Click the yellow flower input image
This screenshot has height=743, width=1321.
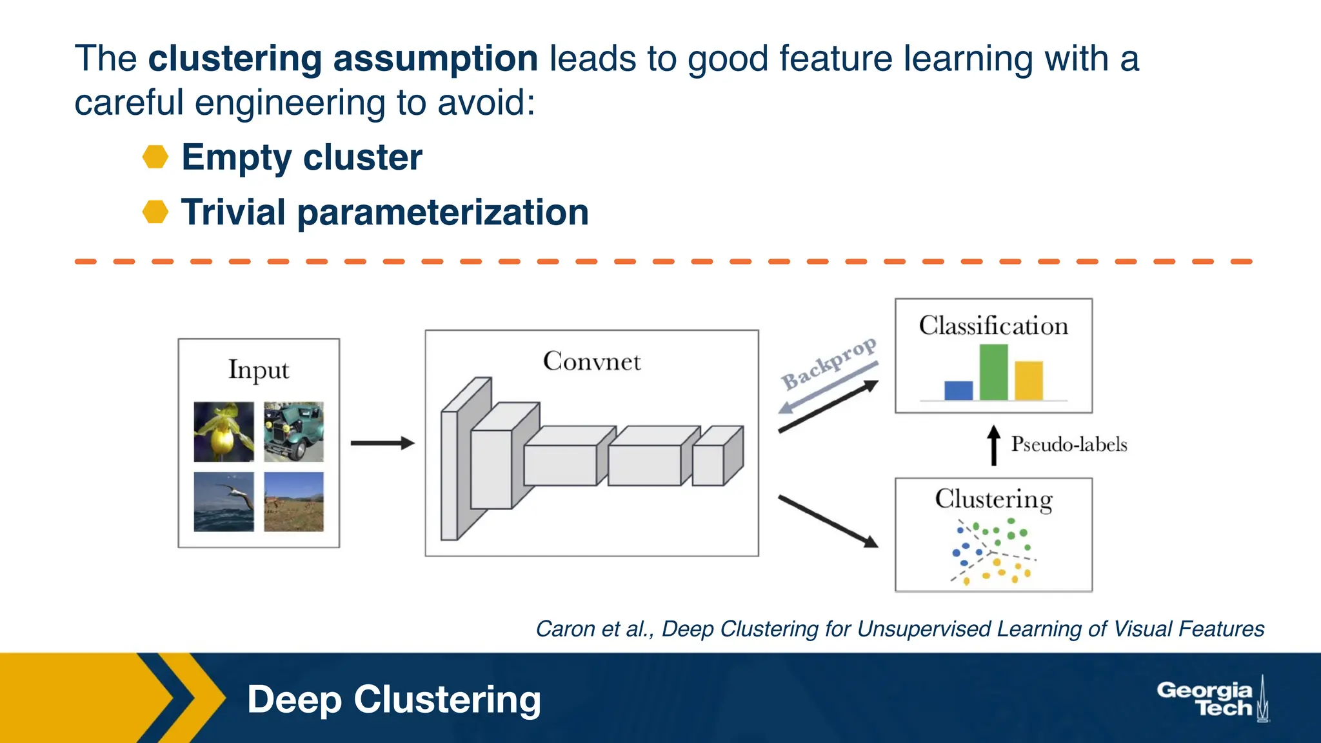(224, 431)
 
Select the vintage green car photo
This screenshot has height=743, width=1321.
(293, 431)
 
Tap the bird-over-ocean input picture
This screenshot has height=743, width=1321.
(224, 502)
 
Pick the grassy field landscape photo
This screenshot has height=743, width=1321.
(293, 502)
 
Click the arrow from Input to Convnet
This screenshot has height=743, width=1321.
(382, 443)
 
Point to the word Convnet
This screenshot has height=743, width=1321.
(591, 362)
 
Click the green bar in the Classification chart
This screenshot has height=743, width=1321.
(993, 372)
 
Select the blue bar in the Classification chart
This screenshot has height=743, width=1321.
(958, 390)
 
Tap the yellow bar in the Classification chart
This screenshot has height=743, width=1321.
(1029, 381)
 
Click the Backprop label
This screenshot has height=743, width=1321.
(828, 364)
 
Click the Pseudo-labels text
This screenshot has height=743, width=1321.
(1069, 444)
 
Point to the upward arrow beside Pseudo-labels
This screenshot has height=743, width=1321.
(994, 445)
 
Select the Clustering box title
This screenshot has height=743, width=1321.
(993, 500)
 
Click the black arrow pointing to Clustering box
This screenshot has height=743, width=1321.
(828, 521)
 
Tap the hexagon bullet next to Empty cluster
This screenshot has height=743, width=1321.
(155, 157)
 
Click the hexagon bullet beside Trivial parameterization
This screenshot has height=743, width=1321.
(155, 212)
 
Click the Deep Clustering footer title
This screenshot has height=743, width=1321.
(393, 700)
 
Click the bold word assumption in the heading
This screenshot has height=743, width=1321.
(435, 59)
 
